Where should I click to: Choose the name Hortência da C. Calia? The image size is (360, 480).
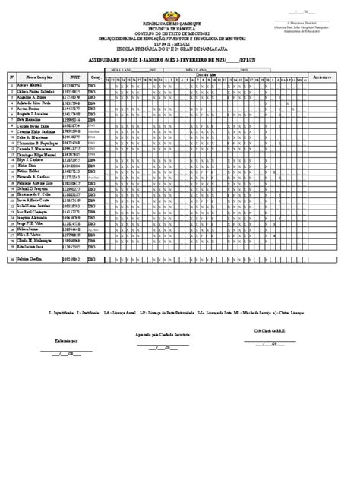[x=33, y=194]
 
